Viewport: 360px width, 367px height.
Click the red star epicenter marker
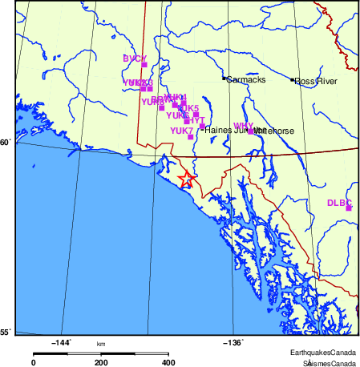[186, 179]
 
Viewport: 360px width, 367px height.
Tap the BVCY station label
[134, 58]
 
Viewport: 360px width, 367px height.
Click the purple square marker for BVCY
[144, 65]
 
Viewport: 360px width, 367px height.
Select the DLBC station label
[339, 203]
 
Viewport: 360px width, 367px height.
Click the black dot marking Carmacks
[224, 79]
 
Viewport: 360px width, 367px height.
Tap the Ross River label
[316, 81]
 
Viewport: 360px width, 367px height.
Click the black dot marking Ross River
[293, 80]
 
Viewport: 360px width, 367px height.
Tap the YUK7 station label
[181, 131]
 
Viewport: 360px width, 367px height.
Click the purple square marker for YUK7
[190, 137]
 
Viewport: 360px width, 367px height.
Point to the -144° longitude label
[61, 342]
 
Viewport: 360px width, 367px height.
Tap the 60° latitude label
[5, 143]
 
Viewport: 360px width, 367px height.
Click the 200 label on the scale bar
[101, 362]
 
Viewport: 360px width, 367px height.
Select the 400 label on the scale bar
[168, 362]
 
